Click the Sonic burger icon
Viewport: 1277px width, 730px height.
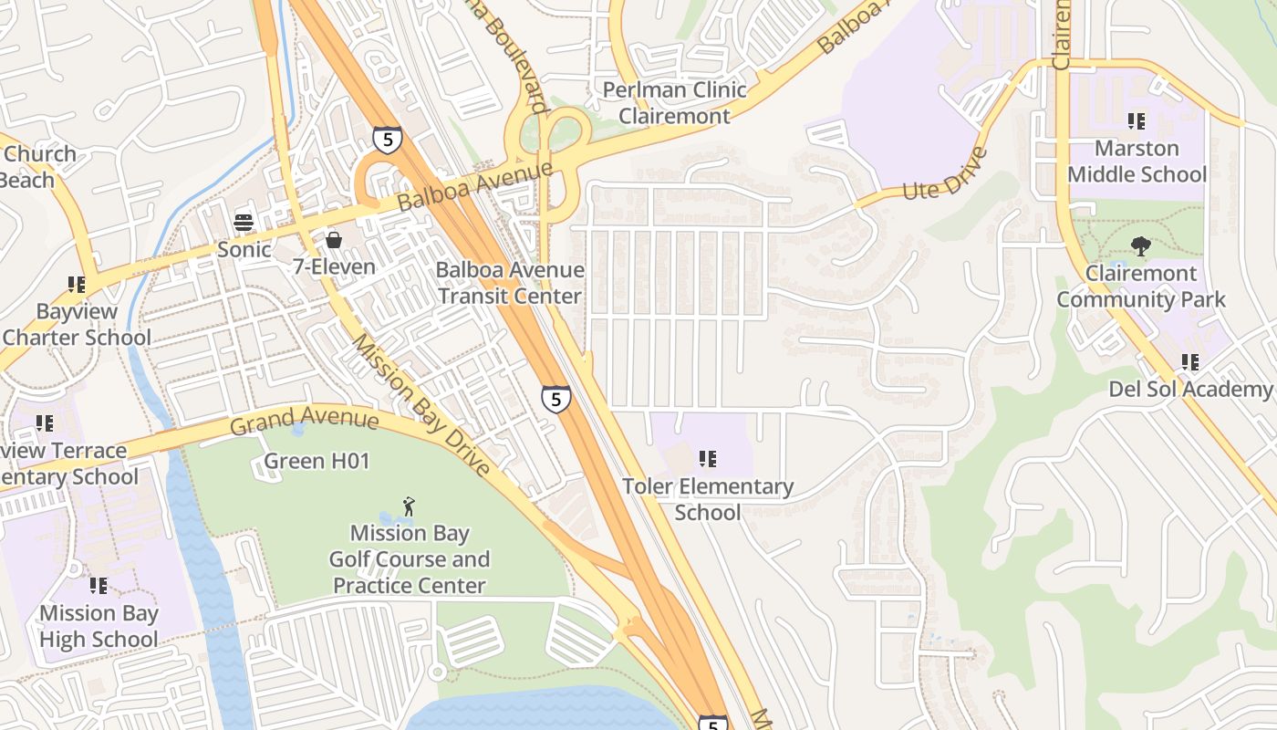point(243,221)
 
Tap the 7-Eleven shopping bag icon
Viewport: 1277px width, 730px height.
point(334,240)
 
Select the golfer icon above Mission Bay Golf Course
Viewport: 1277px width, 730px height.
point(410,506)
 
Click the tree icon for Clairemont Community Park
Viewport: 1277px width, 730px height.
point(1140,245)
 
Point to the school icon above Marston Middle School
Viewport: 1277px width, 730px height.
point(1137,120)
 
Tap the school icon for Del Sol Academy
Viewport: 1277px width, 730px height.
point(1189,362)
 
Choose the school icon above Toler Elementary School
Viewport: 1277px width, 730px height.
point(708,459)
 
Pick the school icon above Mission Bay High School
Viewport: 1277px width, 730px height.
point(99,586)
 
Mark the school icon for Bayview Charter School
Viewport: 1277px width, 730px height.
point(77,285)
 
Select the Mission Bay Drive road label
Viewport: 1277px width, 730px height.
point(421,404)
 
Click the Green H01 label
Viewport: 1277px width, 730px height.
point(317,462)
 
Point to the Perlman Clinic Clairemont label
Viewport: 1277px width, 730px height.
point(674,103)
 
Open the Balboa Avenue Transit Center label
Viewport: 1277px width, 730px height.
point(509,283)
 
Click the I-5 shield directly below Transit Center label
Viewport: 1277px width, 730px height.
point(555,399)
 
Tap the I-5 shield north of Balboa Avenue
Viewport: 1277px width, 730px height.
point(387,140)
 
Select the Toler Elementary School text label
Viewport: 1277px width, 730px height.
point(708,499)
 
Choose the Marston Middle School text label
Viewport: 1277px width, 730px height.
point(1137,162)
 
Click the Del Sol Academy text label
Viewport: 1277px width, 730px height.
point(1189,390)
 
